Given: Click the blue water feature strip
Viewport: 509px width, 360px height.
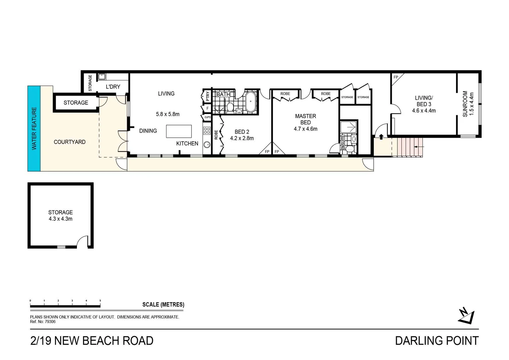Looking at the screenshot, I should (34, 128).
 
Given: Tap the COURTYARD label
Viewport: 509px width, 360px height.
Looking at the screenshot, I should (70, 142).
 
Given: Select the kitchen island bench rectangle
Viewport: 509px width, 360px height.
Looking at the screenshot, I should (179, 131).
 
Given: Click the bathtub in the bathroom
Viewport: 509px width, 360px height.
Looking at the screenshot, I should (251, 102).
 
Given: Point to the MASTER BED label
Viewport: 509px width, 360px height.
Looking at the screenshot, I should (305, 119).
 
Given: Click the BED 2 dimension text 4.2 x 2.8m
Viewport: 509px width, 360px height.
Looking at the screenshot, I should (242, 138).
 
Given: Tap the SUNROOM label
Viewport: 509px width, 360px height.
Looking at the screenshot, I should (465, 104).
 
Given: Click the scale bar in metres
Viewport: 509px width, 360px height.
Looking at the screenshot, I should (65, 306).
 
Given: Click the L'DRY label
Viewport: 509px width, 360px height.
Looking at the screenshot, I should (113, 87).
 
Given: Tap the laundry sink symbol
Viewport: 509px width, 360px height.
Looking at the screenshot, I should (102, 77).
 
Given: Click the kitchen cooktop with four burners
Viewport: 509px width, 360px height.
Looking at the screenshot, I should (207, 131).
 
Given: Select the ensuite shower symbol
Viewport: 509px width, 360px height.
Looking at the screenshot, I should (348, 127).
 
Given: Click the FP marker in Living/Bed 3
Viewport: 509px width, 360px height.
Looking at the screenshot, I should (396, 77).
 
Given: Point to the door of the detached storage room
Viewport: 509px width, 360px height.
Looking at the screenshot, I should (82, 241).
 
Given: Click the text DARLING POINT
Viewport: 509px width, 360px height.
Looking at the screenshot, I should (437, 341).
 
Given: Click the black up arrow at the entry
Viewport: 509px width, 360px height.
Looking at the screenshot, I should (381, 137).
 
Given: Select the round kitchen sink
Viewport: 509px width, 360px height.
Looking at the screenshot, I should (207, 145).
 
